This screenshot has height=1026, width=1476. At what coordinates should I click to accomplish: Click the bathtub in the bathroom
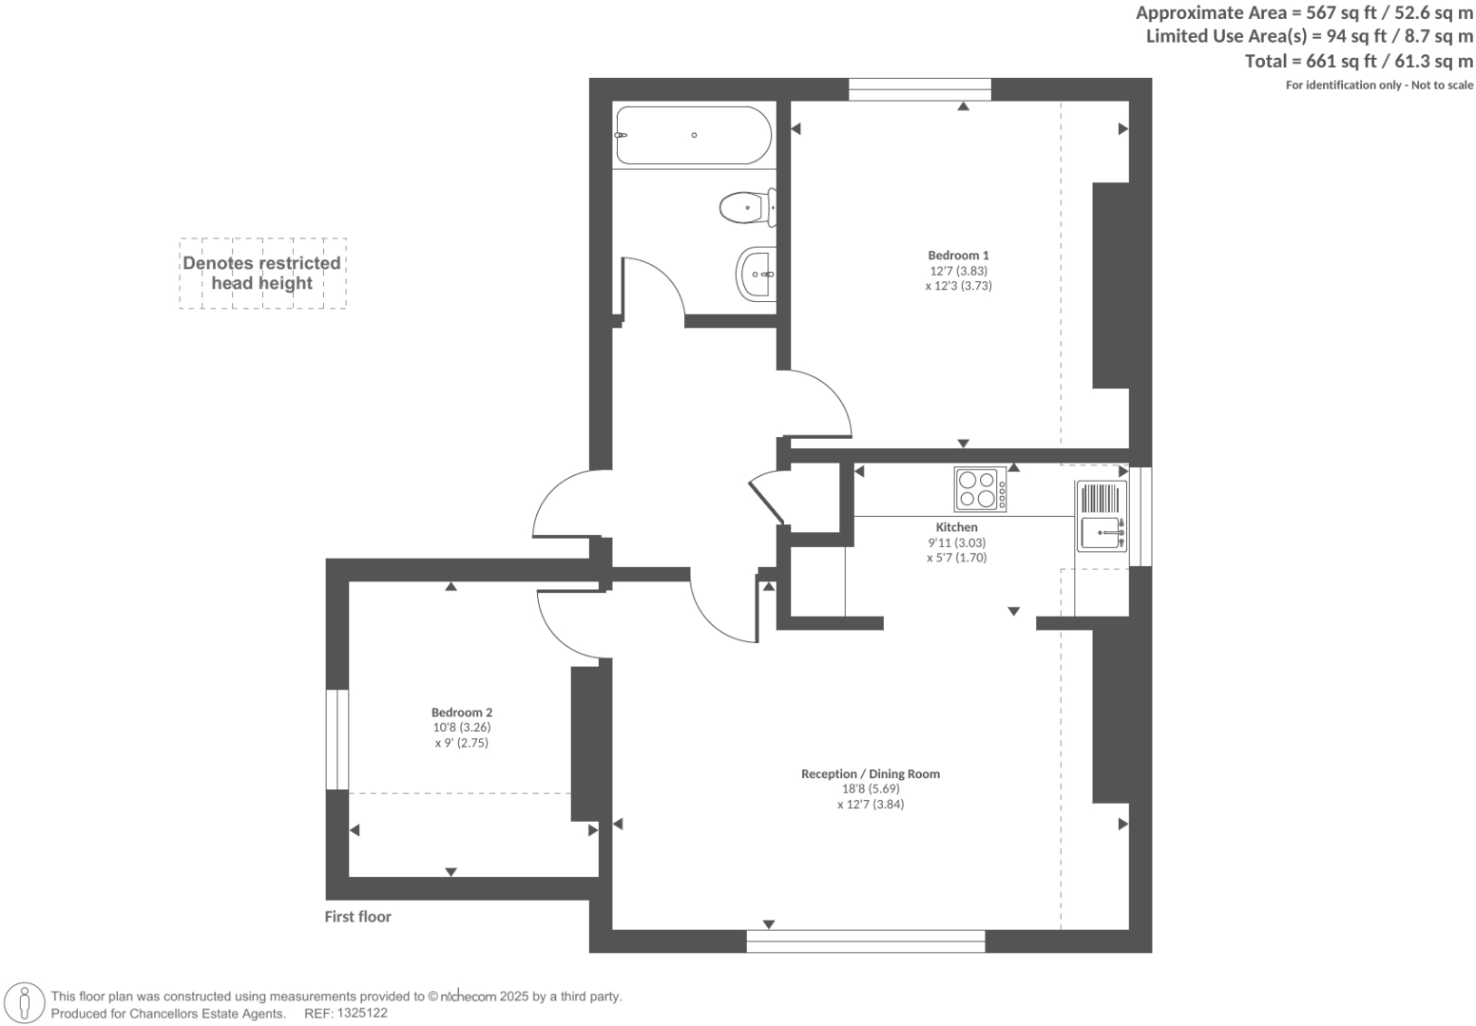tap(693, 136)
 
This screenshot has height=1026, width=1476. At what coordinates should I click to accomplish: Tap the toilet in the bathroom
tap(748, 207)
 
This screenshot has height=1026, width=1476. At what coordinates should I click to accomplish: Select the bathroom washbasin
tap(757, 274)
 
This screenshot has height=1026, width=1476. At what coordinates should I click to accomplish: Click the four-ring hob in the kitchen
tap(980, 489)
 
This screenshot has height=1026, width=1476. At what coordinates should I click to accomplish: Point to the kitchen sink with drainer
tap(1102, 516)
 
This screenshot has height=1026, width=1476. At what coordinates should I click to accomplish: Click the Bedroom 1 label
tap(958, 255)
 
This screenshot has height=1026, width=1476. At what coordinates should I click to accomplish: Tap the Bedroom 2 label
tap(462, 712)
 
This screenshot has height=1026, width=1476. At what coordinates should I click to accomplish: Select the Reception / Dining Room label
tap(870, 773)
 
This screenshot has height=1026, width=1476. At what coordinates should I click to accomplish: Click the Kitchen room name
tap(956, 527)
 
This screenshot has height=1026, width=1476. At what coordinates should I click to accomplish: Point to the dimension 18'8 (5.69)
tap(870, 788)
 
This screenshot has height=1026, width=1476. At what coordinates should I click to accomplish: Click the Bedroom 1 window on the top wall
tap(919, 90)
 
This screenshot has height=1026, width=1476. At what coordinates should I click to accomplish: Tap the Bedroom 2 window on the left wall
tap(336, 739)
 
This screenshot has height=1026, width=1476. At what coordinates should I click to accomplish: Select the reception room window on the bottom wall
tap(865, 941)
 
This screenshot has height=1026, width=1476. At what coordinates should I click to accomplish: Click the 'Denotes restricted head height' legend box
tap(262, 274)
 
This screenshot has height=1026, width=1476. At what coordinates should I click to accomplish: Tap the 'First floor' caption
tap(357, 917)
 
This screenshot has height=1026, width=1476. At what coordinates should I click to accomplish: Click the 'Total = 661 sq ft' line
tap(1358, 61)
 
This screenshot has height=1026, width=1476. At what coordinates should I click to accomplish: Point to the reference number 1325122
tap(358, 1014)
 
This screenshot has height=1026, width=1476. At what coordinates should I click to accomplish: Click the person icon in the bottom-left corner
tap(26, 1003)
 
